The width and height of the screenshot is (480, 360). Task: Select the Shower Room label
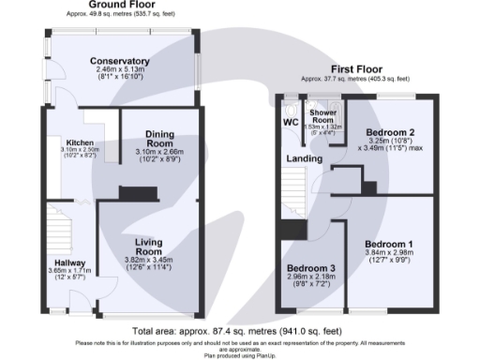tap(322, 117)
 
